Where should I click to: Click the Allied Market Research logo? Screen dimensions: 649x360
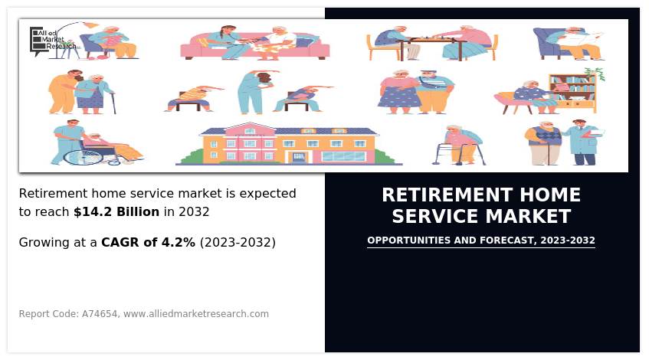click(x=53, y=40)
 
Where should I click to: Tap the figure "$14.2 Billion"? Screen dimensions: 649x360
click(x=116, y=212)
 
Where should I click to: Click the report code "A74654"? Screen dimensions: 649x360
click(x=100, y=313)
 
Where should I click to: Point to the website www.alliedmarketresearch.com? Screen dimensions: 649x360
click(x=196, y=313)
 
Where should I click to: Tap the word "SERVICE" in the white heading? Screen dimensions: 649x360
click(x=435, y=217)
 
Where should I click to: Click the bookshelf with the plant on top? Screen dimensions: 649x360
click(x=573, y=93)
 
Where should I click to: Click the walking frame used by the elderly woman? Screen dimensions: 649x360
click(x=460, y=154)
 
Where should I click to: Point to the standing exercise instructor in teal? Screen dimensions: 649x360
click(x=254, y=92)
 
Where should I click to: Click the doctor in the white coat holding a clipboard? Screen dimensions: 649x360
click(x=584, y=142)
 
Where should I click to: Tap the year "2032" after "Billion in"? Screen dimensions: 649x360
click(x=194, y=212)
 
